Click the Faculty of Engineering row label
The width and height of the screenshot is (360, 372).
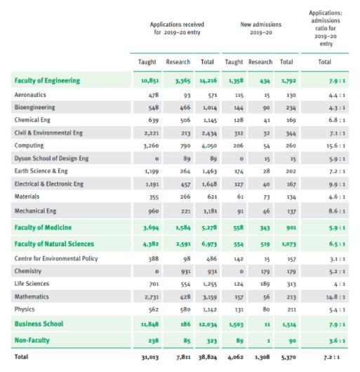pos(47,81)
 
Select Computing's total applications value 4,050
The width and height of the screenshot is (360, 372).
pos(209,146)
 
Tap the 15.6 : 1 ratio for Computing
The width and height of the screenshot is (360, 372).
pos(336,146)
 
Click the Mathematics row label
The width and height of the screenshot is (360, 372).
pos(32,297)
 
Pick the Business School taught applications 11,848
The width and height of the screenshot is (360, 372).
pos(150,324)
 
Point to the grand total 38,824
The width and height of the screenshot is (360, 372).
pos(208,357)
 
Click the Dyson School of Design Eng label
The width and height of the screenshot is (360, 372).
pos(51,159)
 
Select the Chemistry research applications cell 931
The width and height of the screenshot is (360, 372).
pos(185,272)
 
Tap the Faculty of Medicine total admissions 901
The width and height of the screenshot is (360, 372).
pos(291,227)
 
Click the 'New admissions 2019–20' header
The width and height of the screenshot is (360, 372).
pos(261,28)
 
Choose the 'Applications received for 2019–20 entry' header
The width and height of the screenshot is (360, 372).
pos(177,28)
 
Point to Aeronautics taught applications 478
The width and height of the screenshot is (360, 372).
pos(154,95)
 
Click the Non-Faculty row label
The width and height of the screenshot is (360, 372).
pos(32,340)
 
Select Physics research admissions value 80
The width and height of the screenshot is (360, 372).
pos(266,310)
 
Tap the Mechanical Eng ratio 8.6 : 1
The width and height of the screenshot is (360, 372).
pos(337,211)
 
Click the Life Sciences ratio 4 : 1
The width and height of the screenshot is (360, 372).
pos(340,284)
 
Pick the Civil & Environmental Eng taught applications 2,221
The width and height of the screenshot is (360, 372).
pos(152,133)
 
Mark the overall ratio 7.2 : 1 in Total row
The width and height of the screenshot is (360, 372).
pos(331,357)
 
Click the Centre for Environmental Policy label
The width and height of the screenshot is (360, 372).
pos(56,258)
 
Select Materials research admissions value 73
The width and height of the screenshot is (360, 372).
pos(267,197)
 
